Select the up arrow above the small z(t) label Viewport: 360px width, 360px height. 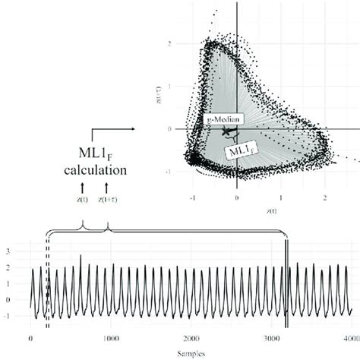coord(80,186)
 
